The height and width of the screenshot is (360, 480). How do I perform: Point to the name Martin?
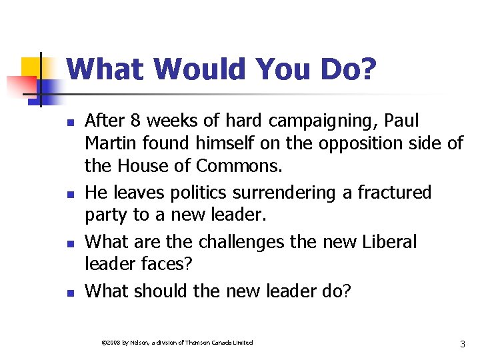pyautogui.click(x=110, y=143)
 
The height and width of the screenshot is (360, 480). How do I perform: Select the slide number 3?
pyautogui.click(x=462, y=344)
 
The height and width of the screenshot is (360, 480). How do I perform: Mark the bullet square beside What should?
pyautogui.click(x=68, y=292)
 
